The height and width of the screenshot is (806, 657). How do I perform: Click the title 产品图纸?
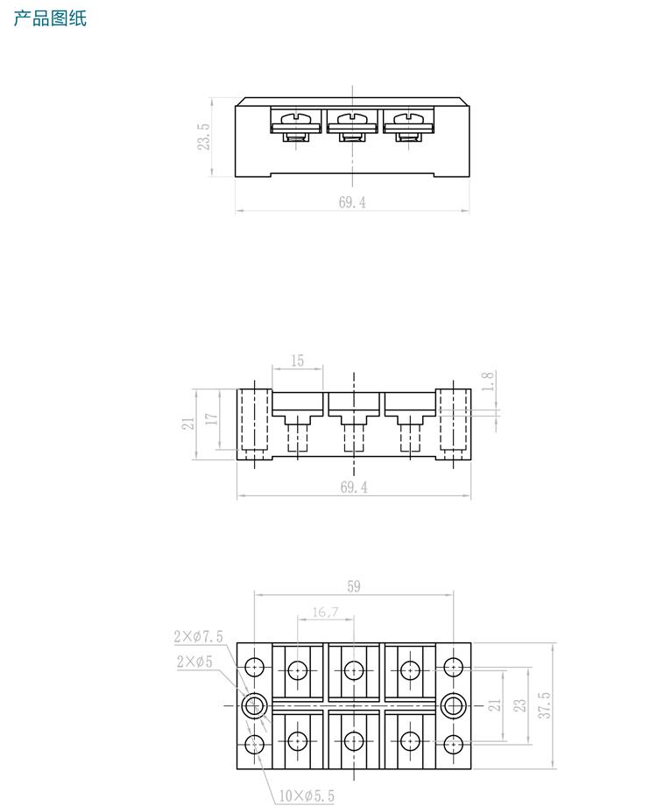pyautogui.click(x=50, y=18)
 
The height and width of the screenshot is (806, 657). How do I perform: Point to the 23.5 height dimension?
pyautogui.click(x=204, y=137)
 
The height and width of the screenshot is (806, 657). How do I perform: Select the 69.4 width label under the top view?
pyautogui.click(x=351, y=202)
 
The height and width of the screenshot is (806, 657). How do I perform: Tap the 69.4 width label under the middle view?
pyautogui.click(x=353, y=488)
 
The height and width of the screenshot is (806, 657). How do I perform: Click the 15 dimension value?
pyautogui.click(x=297, y=361)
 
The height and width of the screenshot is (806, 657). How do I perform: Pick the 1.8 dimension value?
pyautogui.click(x=489, y=381)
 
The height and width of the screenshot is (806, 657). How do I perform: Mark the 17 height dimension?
pyautogui.click(x=211, y=418)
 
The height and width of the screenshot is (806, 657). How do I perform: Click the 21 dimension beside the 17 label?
pyautogui.click(x=187, y=424)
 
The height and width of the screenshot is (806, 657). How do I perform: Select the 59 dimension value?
pyautogui.click(x=353, y=586)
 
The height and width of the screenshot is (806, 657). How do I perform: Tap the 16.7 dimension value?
pyautogui.click(x=325, y=613)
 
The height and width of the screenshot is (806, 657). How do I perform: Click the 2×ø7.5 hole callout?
pyautogui.click(x=198, y=635)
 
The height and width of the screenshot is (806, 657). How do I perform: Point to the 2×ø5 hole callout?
pyautogui.click(x=194, y=662)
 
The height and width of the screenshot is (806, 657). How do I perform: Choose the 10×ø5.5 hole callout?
pyautogui.click(x=307, y=795)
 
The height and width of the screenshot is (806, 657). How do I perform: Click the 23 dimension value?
pyautogui.click(x=519, y=705)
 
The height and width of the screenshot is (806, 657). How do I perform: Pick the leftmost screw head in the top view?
pyautogui.click(x=298, y=117)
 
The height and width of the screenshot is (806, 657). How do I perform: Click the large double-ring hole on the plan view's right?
pyautogui.click(x=453, y=705)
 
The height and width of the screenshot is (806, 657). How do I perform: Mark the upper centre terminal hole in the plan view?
pyautogui.click(x=353, y=670)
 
